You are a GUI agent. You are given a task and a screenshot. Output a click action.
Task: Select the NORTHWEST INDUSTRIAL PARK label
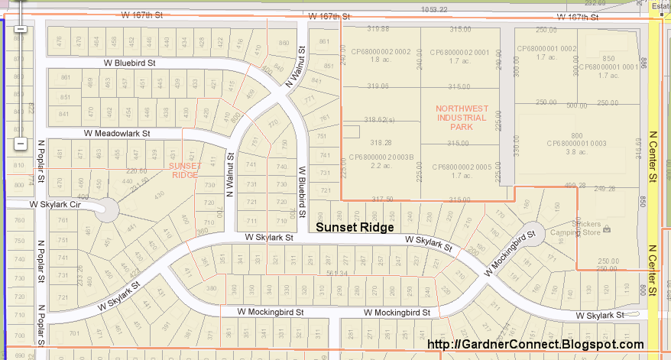point(461,118)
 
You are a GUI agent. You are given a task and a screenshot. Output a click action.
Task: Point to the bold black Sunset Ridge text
point(355,227)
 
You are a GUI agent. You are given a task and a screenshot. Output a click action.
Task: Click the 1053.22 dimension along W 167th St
point(433,9)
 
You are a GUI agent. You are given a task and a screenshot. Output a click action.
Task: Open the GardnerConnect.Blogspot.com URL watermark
point(534,345)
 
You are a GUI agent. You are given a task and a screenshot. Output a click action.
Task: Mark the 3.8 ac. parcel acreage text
point(575,151)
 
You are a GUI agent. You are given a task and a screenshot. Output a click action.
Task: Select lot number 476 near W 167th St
point(60,41)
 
